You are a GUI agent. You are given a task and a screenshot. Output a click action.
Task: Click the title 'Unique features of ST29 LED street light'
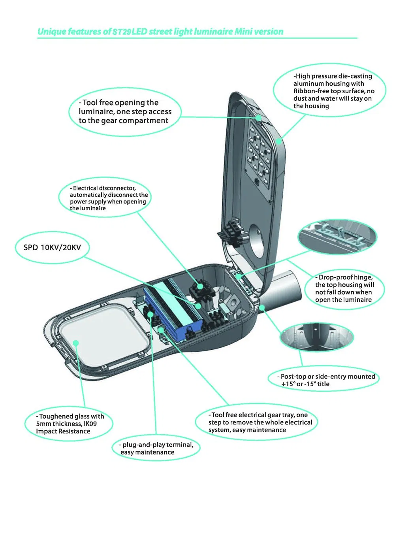tap(160, 32)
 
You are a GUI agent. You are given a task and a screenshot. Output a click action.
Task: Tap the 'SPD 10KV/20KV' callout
tap(52, 247)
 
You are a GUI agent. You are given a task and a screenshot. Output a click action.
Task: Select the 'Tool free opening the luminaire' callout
tap(125, 112)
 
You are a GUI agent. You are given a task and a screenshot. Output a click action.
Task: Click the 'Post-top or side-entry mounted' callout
tap(327, 377)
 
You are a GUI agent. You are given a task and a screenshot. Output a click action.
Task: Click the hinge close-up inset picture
tap(337, 236)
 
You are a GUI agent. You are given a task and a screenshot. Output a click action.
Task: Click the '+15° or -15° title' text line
tap(305, 384)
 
